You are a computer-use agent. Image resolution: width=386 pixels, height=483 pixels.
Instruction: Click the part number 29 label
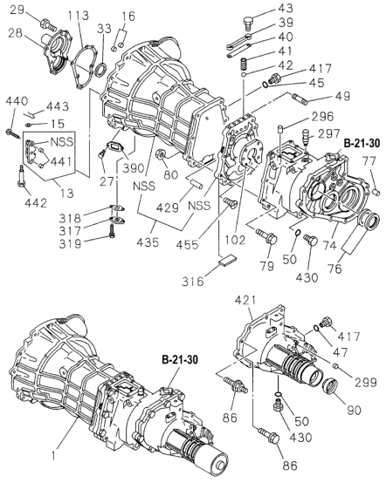pyautogui.click(x=17, y=10)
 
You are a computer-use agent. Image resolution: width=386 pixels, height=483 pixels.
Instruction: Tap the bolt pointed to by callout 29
pyautogui.click(x=48, y=25)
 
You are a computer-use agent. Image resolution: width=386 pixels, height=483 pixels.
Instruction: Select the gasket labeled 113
pyautogui.click(x=84, y=67)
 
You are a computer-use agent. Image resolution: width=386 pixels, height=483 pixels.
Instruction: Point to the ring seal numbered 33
pyautogui.click(x=101, y=70)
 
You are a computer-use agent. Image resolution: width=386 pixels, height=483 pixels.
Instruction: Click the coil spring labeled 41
pyautogui.click(x=245, y=64)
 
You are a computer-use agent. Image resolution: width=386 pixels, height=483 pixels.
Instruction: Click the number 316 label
pyautogui.click(x=193, y=281)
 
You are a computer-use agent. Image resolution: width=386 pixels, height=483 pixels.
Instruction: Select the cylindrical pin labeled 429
pyautogui.click(x=196, y=183)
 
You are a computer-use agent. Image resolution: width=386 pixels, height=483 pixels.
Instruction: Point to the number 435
pyautogui.click(x=148, y=241)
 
